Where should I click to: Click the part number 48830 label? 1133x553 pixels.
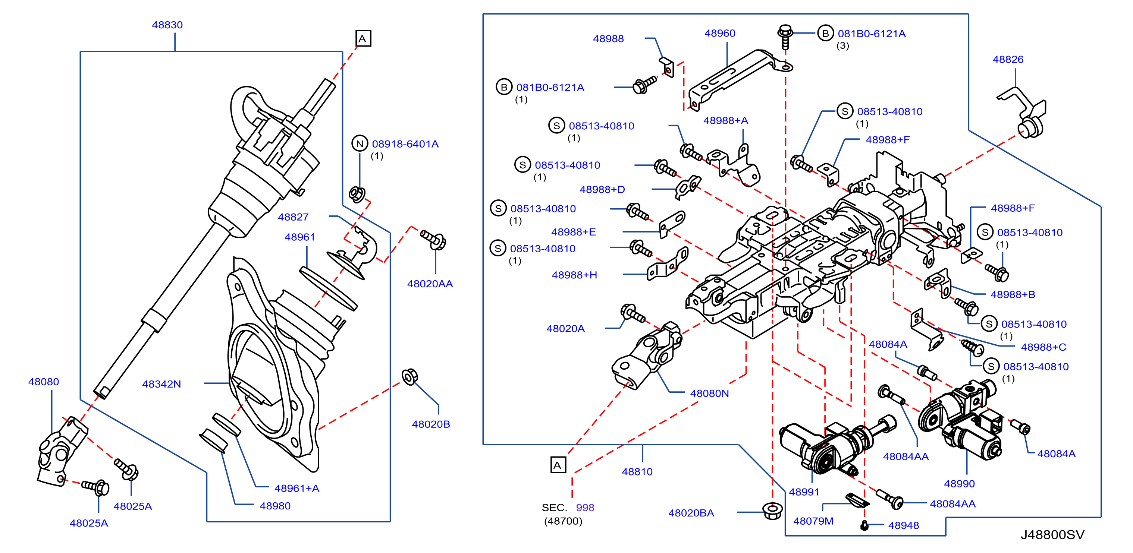click(x=167, y=25)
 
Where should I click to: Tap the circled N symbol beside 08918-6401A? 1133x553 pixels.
click(x=360, y=143)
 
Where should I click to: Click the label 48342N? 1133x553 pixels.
click(x=161, y=384)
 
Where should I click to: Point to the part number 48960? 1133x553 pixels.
click(x=720, y=34)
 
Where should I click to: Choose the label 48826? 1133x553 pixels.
click(x=1008, y=59)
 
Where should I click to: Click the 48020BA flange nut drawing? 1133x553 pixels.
click(x=773, y=511)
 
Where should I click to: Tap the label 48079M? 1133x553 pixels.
click(x=813, y=521)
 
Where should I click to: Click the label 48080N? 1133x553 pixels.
click(x=709, y=394)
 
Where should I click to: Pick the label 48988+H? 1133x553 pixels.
click(x=574, y=275)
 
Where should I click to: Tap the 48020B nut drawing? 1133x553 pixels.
click(x=410, y=377)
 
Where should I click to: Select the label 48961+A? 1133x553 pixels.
click(x=297, y=489)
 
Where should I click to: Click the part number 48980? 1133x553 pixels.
click(x=275, y=506)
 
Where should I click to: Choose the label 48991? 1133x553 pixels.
click(x=804, y=492)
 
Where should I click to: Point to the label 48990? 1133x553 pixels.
click(x=959, y=484)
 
